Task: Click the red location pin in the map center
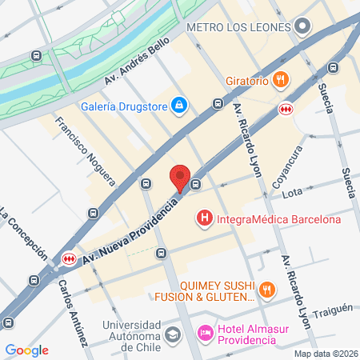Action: click(180, 178)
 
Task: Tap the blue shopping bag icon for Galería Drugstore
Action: click(180, 106)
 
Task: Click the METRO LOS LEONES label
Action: click(237, 27)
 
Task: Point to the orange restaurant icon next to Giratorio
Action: click(279, 78)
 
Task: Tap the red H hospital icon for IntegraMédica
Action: click(205, 218)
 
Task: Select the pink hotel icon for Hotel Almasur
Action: click(205, 331)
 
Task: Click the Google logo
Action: click(26, 350)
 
